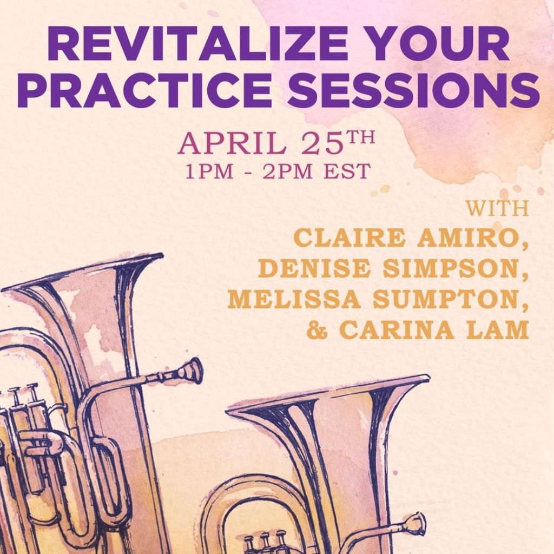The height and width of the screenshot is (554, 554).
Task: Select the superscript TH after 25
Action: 358,137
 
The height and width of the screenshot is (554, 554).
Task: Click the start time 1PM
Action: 210,172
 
